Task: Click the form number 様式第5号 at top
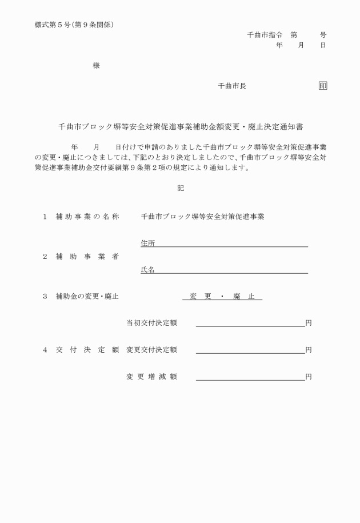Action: pos(54,25)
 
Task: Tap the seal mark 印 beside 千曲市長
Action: pos(323,86)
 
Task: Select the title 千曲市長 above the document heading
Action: pos(232,86)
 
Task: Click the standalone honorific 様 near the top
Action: pos(96,66)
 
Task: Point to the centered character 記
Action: pos(181,187)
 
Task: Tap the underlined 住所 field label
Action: pos(147,243)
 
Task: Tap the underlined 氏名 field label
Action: pos(147,270)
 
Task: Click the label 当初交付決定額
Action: pos(151,323)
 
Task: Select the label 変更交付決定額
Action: pos(151,350)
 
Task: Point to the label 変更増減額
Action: pos(151,377)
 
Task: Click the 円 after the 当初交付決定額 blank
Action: pos(309,323)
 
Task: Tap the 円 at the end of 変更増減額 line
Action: pos(309,377)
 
